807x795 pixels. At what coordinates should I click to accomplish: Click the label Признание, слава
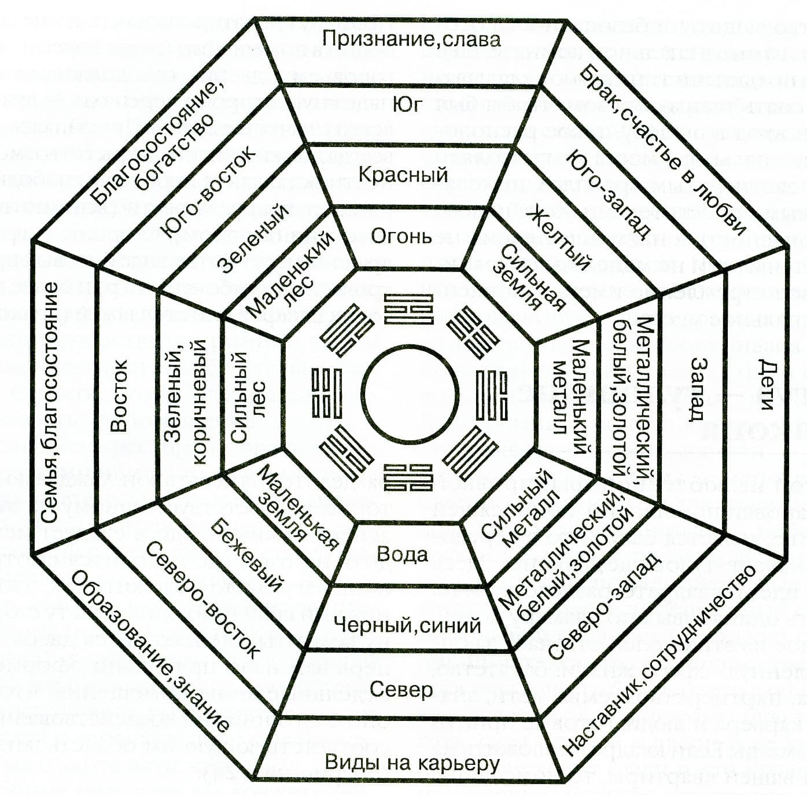pyautogui.click(x=411, y=39)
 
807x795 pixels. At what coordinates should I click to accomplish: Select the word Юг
pyautogui.click(x=407, y=105)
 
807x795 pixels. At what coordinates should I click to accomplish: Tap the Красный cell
pyautogui.click(x=403, y=174)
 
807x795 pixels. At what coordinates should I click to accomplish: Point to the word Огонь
pyautogui.click(x=401, y=236)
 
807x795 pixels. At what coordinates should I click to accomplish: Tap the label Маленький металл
pyautogui.click(x=569, y=396)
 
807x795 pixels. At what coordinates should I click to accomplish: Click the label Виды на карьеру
pyautogui.click(x=412, y=763)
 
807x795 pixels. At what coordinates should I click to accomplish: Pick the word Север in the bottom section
pyautogui.click(x=401, y=689)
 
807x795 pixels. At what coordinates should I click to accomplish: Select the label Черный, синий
pyautogui.click(x=407, y=625)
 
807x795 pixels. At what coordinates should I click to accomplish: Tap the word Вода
pyautogui.click(x=402, y=554)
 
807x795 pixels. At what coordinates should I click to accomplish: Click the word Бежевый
pyautogui.click(x=246, y=554)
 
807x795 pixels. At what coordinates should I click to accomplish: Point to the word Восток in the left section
pyautogui.click(x=119, y=396)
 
